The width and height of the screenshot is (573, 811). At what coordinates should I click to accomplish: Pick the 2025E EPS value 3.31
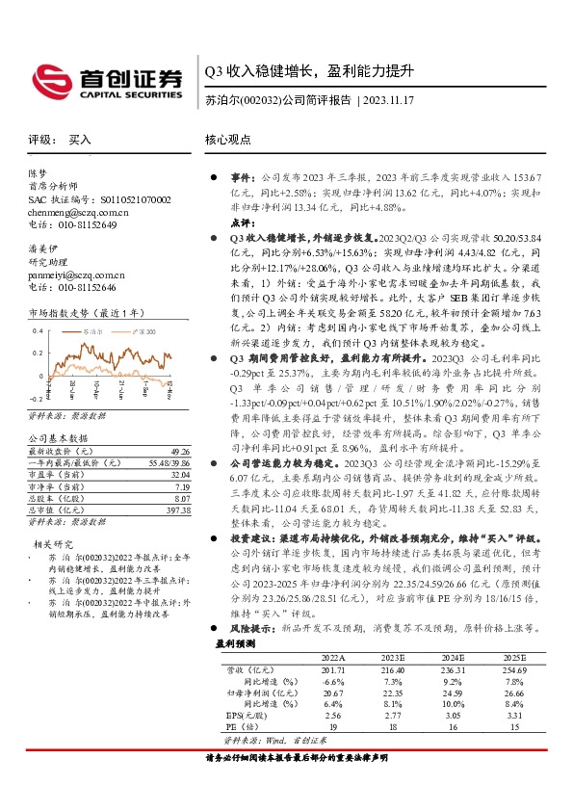pyautogui.click(x=512, y=717)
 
